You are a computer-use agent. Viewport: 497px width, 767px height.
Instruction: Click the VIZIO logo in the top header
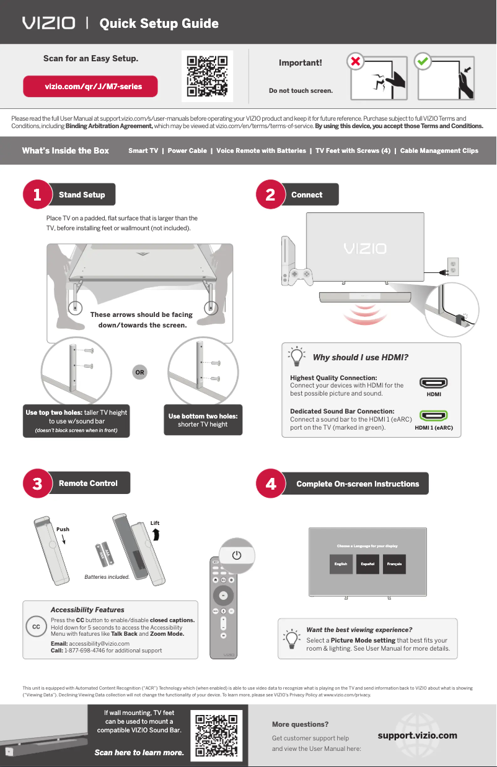tap(49, 24)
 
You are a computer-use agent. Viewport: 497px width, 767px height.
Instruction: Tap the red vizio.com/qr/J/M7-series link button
tap(90, 87)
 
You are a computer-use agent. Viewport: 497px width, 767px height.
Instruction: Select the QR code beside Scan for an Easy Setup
tap(208, 77)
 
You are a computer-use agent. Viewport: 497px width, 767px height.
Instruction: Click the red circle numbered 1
tap(37, 195)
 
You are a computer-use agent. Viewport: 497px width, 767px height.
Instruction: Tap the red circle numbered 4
tap(271, 483)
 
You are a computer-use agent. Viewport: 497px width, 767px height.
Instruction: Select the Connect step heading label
tap(307, 194)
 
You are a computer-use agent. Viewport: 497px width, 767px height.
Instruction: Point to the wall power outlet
tap(452, 267)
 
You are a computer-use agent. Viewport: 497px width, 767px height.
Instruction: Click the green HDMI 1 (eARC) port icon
tap(433, 416)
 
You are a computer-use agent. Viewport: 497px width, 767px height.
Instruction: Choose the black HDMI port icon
tap(433, 383)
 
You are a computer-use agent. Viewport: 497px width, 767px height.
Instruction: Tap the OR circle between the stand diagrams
tap(140, 373)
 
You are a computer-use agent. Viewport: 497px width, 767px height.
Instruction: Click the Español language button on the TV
tap(367, 564)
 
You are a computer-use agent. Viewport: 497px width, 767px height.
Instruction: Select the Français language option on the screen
tap(395, 564)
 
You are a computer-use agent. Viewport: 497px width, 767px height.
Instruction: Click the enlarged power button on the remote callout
tap(236, 555)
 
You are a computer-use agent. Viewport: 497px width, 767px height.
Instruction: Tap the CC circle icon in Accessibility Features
tap(37, 627)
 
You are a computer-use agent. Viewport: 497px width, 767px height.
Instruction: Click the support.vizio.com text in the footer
tap(417, 735)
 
